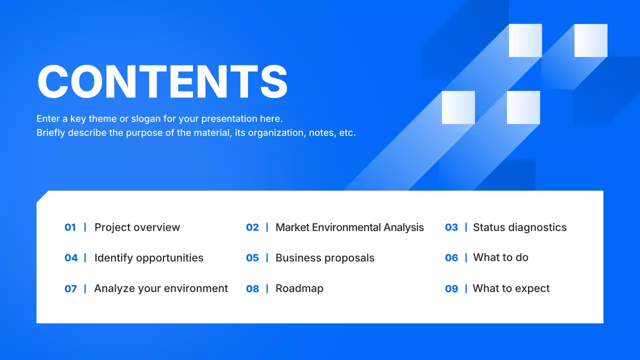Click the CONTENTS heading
click(x=162, y=81)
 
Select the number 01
click(x=70, y=227)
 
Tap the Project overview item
click(x=137, y=227)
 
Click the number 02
click(x=252, y=227)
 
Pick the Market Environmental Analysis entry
click(x=349, y=227)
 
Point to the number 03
click(x=451, y=227)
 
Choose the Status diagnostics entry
click(x=519, y=227)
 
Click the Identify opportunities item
click(x=149, y=258)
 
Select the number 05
click(x=252, y=258)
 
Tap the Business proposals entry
click(x=325, y=258)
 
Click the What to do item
click(x=500, y=257)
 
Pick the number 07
click(x=70, y=289)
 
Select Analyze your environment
click(x=161, y=288)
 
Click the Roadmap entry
click(x=299, y=288)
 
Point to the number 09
click(x=451, y=289)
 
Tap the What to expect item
click(x=511, y=288)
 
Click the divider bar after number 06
click(x=466, y=257)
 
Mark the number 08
click(x=252, y=289)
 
